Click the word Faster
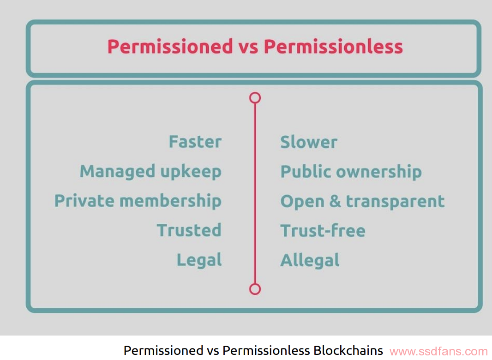195,142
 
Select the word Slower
309,142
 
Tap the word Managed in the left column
117,172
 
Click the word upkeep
191,172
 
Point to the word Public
306,171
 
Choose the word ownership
379,172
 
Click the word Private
84,201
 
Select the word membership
170,201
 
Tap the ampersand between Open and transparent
335,201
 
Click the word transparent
396,202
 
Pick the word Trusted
189,230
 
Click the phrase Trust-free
323,230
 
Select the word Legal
199,260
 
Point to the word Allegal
310,260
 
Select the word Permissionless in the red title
333,47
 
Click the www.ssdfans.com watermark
438,352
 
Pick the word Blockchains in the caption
348,350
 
